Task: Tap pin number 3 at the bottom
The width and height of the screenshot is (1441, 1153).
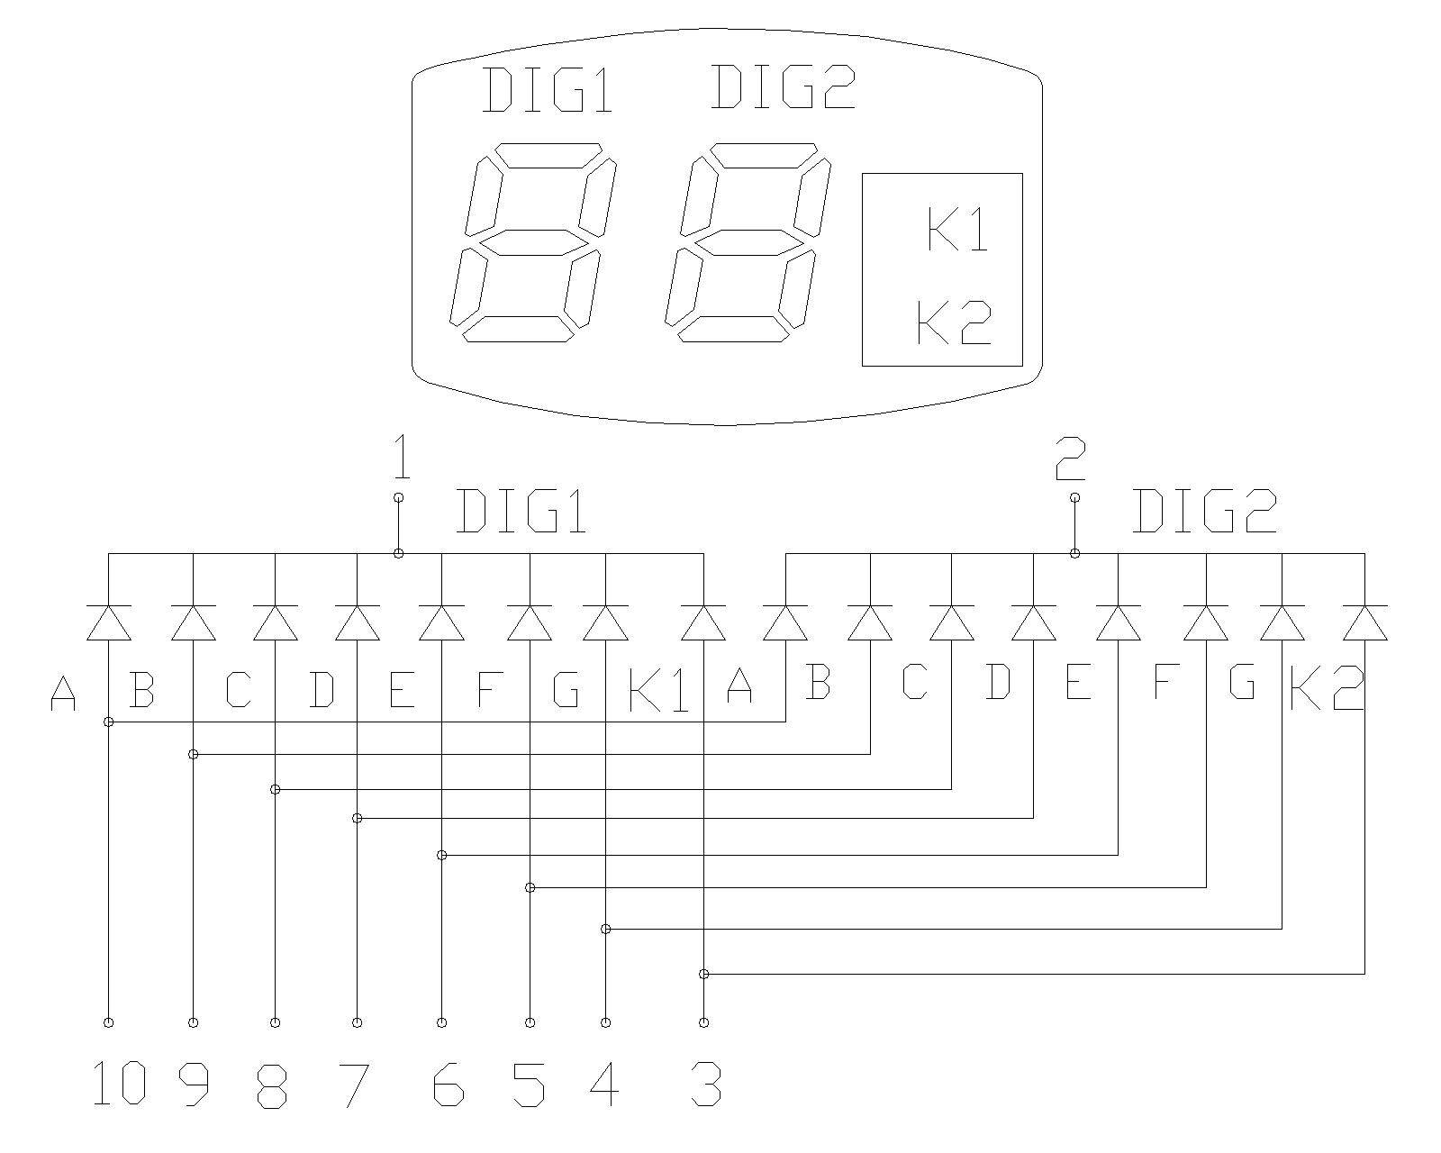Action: point(705,1084)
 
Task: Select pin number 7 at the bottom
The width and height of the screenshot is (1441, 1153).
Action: point(354,1084)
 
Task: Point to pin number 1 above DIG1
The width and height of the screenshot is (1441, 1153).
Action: point(402,458)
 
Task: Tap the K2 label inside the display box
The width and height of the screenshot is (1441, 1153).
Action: point(954,322)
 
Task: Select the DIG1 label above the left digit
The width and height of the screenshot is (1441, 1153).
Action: point(548,90)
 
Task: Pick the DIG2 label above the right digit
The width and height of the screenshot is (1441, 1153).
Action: point(783,87)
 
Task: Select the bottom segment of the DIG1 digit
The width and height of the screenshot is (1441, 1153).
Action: point(518,329)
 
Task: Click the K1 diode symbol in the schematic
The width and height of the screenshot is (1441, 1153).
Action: point(703,622)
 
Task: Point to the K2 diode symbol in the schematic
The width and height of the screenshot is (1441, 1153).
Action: point(1364,622)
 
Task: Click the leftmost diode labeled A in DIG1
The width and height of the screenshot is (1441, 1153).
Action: point(109,622)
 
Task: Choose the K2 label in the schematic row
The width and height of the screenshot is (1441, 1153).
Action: point(1327,689)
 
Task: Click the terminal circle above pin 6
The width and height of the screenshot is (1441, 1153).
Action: point(441,1022)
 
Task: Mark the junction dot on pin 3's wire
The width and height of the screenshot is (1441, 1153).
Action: point(704,974)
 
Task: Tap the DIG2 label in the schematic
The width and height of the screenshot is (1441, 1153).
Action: point(1204,512)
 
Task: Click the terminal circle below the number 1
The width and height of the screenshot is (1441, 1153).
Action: point(399,497)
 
